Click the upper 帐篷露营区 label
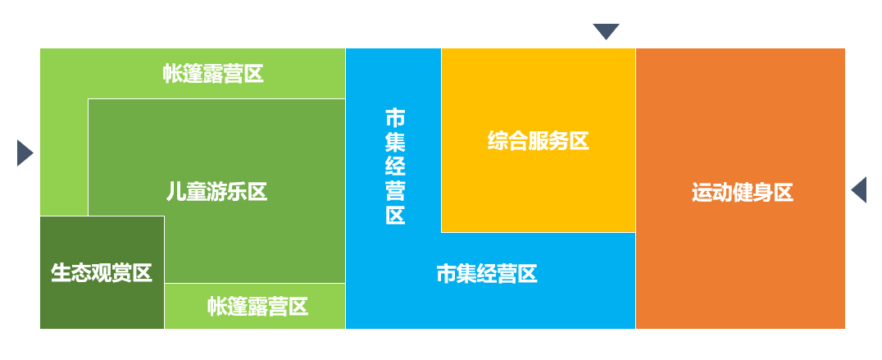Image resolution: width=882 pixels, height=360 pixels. point(213,75)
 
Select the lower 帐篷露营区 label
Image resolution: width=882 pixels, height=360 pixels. point(257,307)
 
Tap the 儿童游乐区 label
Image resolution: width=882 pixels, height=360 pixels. point(216,192)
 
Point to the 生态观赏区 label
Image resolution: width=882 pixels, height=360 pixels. point(102,272)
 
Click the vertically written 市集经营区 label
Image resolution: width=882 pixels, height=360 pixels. point(395,166)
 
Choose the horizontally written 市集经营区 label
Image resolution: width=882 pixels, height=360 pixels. point(486,274)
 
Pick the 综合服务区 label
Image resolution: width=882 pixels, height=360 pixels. point(538,141)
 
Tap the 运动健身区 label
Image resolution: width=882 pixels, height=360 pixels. point(742,194)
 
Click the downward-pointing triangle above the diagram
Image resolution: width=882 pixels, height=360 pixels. point(606,32)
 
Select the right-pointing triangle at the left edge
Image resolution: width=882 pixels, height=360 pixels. point(24,153)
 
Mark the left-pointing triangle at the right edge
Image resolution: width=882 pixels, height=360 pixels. point(859,189)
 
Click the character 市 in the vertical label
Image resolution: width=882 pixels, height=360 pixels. point(395,117)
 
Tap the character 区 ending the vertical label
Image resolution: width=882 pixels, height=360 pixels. point(395,216)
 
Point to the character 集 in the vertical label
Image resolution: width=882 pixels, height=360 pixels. point(395,142)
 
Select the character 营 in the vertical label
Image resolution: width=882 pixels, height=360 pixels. point(395,191)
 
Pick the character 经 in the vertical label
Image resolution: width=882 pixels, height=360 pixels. point(395,166)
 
